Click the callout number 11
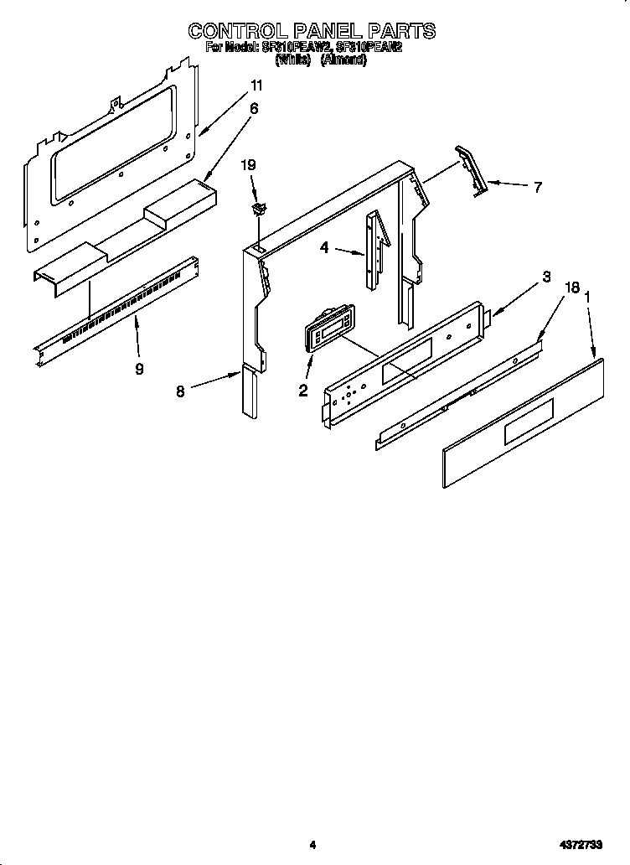point(256,85)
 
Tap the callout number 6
point(254,108)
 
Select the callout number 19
point(249,165)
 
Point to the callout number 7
point(538,187)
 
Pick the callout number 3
point(545,277)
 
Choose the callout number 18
point(572,287)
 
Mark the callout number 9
point(139,368)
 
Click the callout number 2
point(303,390)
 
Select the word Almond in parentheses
point(343,61)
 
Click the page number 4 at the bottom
point(312,845)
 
